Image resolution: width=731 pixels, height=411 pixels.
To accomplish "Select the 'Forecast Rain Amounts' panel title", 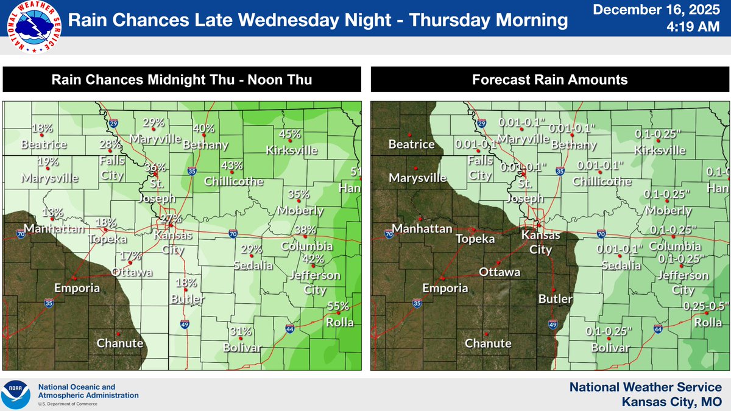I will [x=549, y=80].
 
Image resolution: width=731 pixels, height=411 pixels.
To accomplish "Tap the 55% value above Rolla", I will [x=339, y=306].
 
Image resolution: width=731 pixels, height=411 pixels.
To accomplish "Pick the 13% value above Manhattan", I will [x=52, y=213].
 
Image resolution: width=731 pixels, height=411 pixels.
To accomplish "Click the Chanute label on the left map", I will [x=119, y=343].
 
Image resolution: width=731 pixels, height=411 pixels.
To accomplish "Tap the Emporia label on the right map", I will [x=446, y=288].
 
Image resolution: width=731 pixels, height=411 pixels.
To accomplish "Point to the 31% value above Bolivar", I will [x=242, y=331].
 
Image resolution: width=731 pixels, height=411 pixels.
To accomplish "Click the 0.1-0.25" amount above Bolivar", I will [x=609, y=331].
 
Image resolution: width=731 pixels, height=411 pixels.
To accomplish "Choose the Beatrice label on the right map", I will [x=411, y=144].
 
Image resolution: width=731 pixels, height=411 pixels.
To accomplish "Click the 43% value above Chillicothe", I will [x=232, y=166].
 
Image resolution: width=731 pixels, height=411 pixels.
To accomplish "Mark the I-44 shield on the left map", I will [x=289, y=329].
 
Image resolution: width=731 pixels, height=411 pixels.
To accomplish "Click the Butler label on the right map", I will [x=555, y=299].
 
